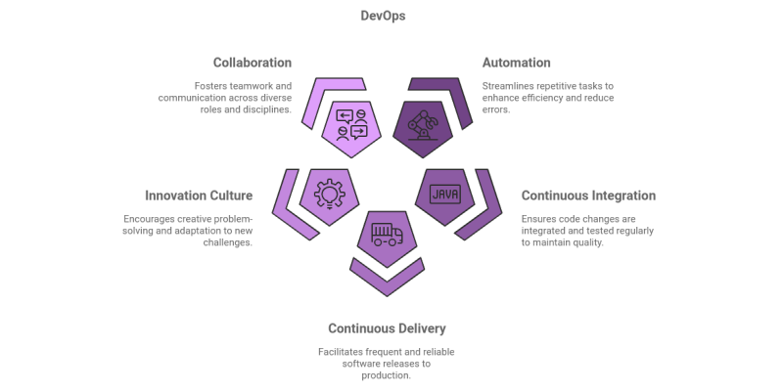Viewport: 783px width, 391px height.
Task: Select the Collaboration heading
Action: point(252,63)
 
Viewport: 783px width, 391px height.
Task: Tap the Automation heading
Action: point(516,63)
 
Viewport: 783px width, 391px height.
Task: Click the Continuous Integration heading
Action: point(588,195)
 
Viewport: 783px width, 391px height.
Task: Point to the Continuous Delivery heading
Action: point(387,328)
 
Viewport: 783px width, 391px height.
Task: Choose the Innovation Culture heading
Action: point(199,195)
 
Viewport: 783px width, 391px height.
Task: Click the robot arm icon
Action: point(423,128)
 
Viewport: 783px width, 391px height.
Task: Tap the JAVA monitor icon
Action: point(445,193)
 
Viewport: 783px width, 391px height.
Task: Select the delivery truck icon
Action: point(387,236)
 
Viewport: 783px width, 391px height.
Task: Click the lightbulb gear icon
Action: point(328,194)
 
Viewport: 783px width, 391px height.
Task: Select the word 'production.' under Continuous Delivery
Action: point(387,375)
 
